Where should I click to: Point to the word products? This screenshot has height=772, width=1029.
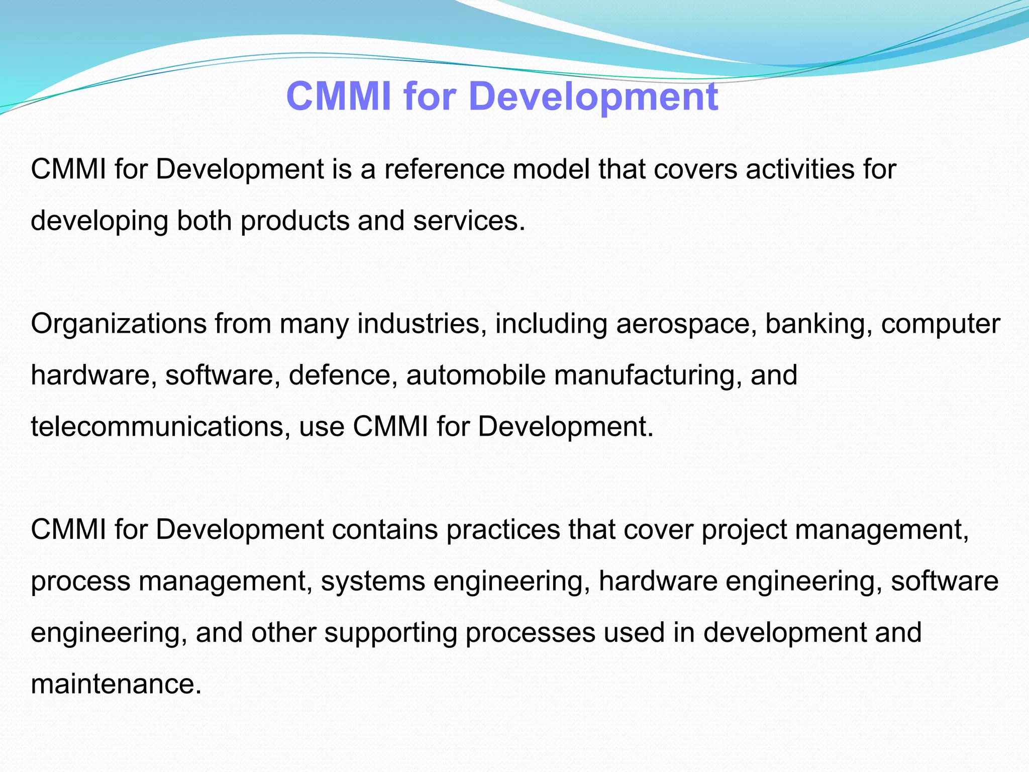294,221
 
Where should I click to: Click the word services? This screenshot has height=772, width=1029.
469,221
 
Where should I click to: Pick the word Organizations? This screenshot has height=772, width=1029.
119,324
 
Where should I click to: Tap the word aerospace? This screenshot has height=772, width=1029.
686,324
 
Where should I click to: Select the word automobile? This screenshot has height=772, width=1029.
476,375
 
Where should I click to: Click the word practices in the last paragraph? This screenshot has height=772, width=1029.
503,530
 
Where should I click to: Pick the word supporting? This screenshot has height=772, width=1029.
390,633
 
